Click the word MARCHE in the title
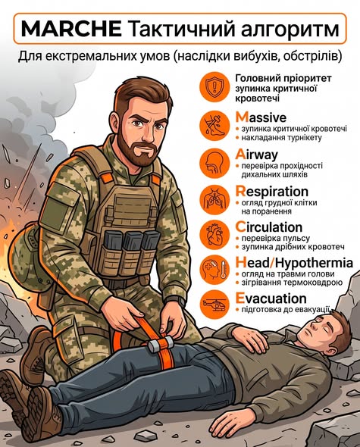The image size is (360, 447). coord(71,29)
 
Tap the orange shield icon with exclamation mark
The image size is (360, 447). coord(214,86)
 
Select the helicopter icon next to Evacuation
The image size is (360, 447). coord(214,305)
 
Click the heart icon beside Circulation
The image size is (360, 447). coord(214,235)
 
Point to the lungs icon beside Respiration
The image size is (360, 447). coord(214,198)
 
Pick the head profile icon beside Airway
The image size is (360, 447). coord(214,163)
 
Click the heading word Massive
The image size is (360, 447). coord(261,117)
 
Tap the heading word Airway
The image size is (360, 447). coord(256,155)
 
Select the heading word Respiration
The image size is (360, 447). coord(271,192)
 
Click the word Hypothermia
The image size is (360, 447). coord(315,263)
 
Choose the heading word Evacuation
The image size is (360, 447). coord(271,299)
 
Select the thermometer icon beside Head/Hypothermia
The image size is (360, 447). coord(223,270)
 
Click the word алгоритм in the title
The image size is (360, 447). coord(289,30)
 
